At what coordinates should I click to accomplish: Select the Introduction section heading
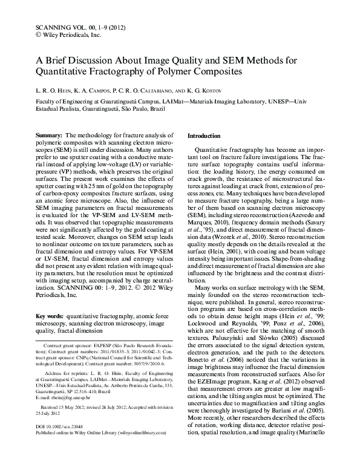pyautogui.click(x=205, y=137)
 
